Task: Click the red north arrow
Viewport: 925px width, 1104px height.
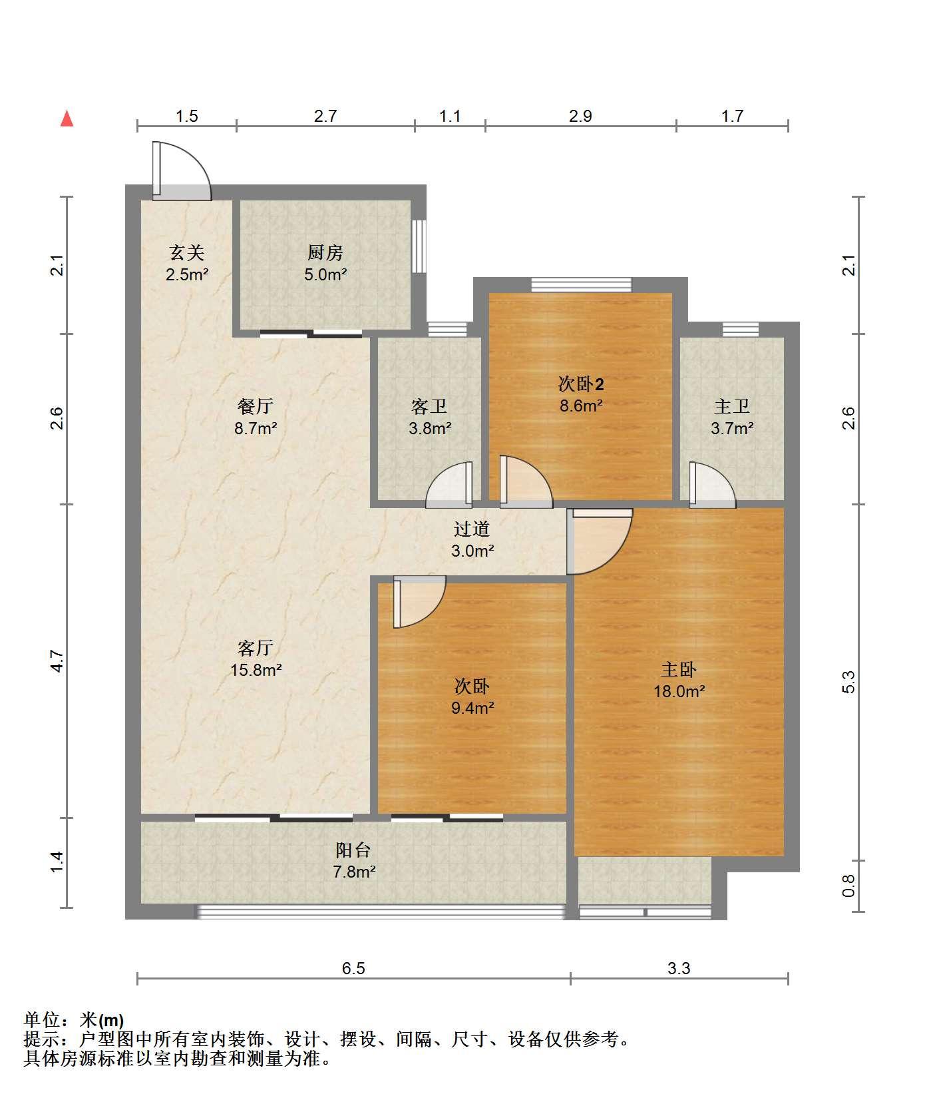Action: (x=67, y=119)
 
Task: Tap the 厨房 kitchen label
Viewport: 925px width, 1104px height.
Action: (x=325, y=253)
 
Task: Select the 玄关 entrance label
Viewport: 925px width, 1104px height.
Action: (x=186, y=253)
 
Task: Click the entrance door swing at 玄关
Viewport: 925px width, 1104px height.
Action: (x=181, y=171)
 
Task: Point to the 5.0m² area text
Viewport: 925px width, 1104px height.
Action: (x=325, y=274)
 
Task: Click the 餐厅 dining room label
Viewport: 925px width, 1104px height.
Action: (x=256, y=406)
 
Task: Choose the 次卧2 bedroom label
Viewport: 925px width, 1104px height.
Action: (x=581, y=384)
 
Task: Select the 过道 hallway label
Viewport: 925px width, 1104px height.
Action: (x=472, y=529)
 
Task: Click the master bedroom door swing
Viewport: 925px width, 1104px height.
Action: (x=599, y=541)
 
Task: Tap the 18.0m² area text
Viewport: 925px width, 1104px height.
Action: (x=679, y=692)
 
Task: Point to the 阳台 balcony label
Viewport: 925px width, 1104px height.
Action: (x=353, y=850)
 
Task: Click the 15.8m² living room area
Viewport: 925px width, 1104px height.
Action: (x=256, y=670)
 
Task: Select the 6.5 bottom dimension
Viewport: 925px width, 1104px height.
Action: (x=353, y=968)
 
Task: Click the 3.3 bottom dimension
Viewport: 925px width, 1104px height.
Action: (x=679, y=968)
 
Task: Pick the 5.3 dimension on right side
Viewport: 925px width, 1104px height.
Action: (x=848, y=683)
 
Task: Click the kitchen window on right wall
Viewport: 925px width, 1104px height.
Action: (x=419, y=246)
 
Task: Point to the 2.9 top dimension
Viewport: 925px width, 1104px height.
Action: (x=580, y=117)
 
